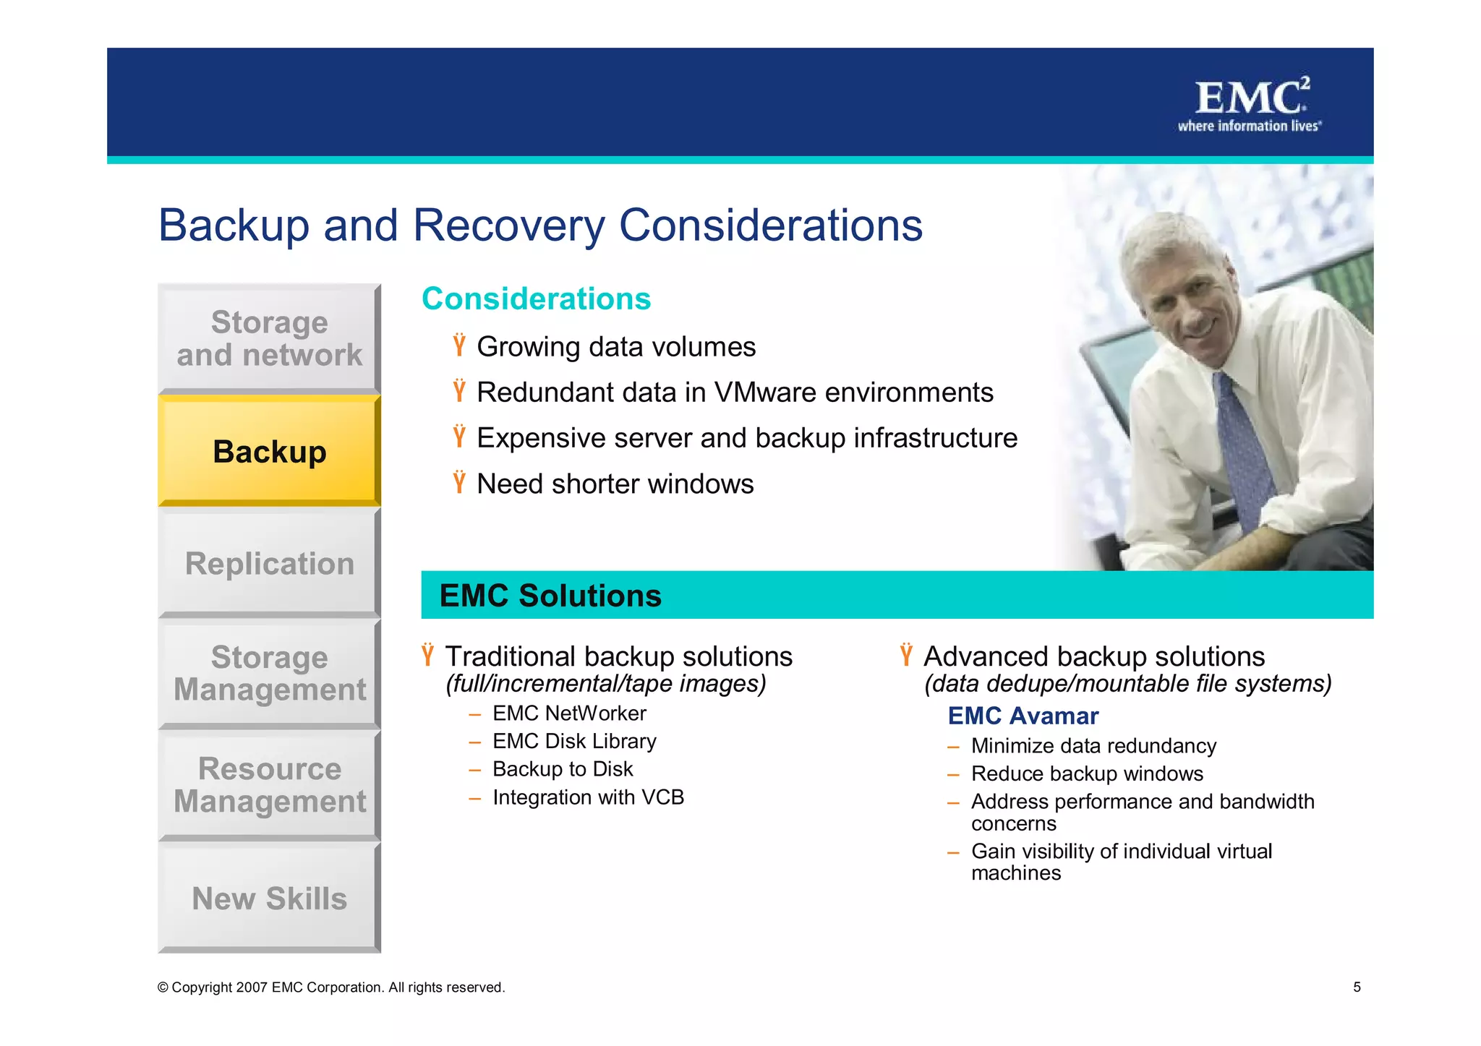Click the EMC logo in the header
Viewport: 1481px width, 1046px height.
click(1250, 105)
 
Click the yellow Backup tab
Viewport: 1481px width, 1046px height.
click(269, 451)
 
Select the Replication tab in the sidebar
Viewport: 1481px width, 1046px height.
click(269, 563)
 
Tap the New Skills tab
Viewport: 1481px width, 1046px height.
click(269, 899)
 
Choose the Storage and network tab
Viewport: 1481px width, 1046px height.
click(269, 338)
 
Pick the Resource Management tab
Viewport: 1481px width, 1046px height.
click(269, 785)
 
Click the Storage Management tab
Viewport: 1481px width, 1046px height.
click(269, 673)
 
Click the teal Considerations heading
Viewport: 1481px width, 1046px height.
click(536, 299)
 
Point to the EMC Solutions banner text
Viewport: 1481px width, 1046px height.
click(550, 596)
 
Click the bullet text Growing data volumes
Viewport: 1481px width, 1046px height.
click(616, 347)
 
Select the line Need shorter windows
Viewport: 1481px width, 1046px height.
click(615, 484)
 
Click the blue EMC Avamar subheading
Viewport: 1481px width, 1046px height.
click(1023, 716)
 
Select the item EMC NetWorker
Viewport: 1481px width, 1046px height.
click(569, 713)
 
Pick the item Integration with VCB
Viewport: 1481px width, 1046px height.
click(588, 797)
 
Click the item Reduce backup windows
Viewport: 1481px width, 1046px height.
click(1087, 773)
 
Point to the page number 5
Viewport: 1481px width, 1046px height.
click(1357, 987)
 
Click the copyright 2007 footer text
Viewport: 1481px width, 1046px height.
click(330, 987)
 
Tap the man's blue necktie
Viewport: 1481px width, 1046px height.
click(1244, 448)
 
